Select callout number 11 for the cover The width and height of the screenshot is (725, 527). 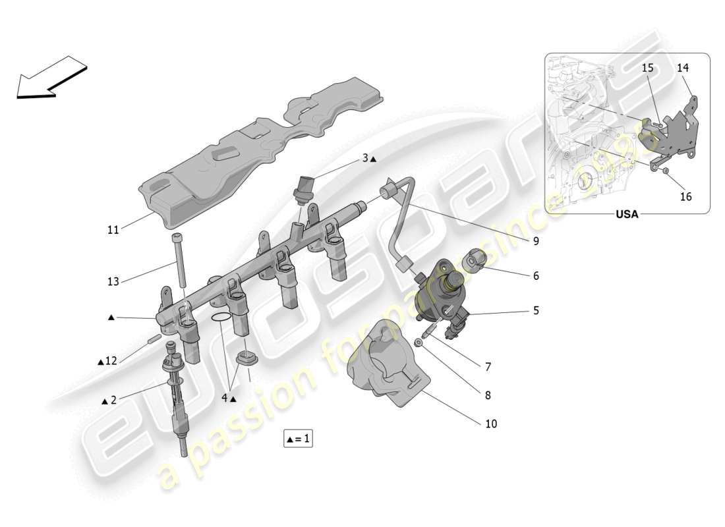[x=113, y=231]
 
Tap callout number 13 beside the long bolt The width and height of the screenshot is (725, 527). [x=113, y=282]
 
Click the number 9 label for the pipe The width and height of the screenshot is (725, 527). [x=536, y=242]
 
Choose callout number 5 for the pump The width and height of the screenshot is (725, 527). [x=536, y=310]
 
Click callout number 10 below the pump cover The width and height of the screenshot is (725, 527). [x=491, y=424]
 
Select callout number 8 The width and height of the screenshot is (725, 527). [x=488, y=396]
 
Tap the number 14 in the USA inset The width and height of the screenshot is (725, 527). [x=682, y=67]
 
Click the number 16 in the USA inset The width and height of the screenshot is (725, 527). [x=685, y=196]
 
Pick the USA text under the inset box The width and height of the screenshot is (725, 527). [x=627, y=215]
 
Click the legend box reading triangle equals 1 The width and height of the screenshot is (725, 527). [x=298, y=439]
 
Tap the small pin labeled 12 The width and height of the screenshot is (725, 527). [x=154, y=339]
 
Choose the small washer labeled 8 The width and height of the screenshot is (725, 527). [x=419, y=343]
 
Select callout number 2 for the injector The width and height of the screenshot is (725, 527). [x=113, y=401]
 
